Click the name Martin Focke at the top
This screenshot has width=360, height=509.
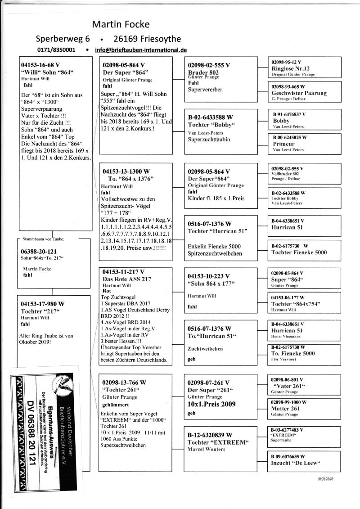pyautogui.click(x=121, y=24)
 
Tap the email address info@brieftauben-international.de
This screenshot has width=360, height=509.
pyautogui.click(x=141, y=50)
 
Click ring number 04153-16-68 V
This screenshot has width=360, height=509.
pyautogui.click(x=40, y=64)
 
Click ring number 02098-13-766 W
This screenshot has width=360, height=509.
pyautogui.click(x=124, y=382)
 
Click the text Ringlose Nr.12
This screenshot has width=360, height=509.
pyautogui.click(x=292, y=68)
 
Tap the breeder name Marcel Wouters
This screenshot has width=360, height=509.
pyautogui.click(x=206, y=449)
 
